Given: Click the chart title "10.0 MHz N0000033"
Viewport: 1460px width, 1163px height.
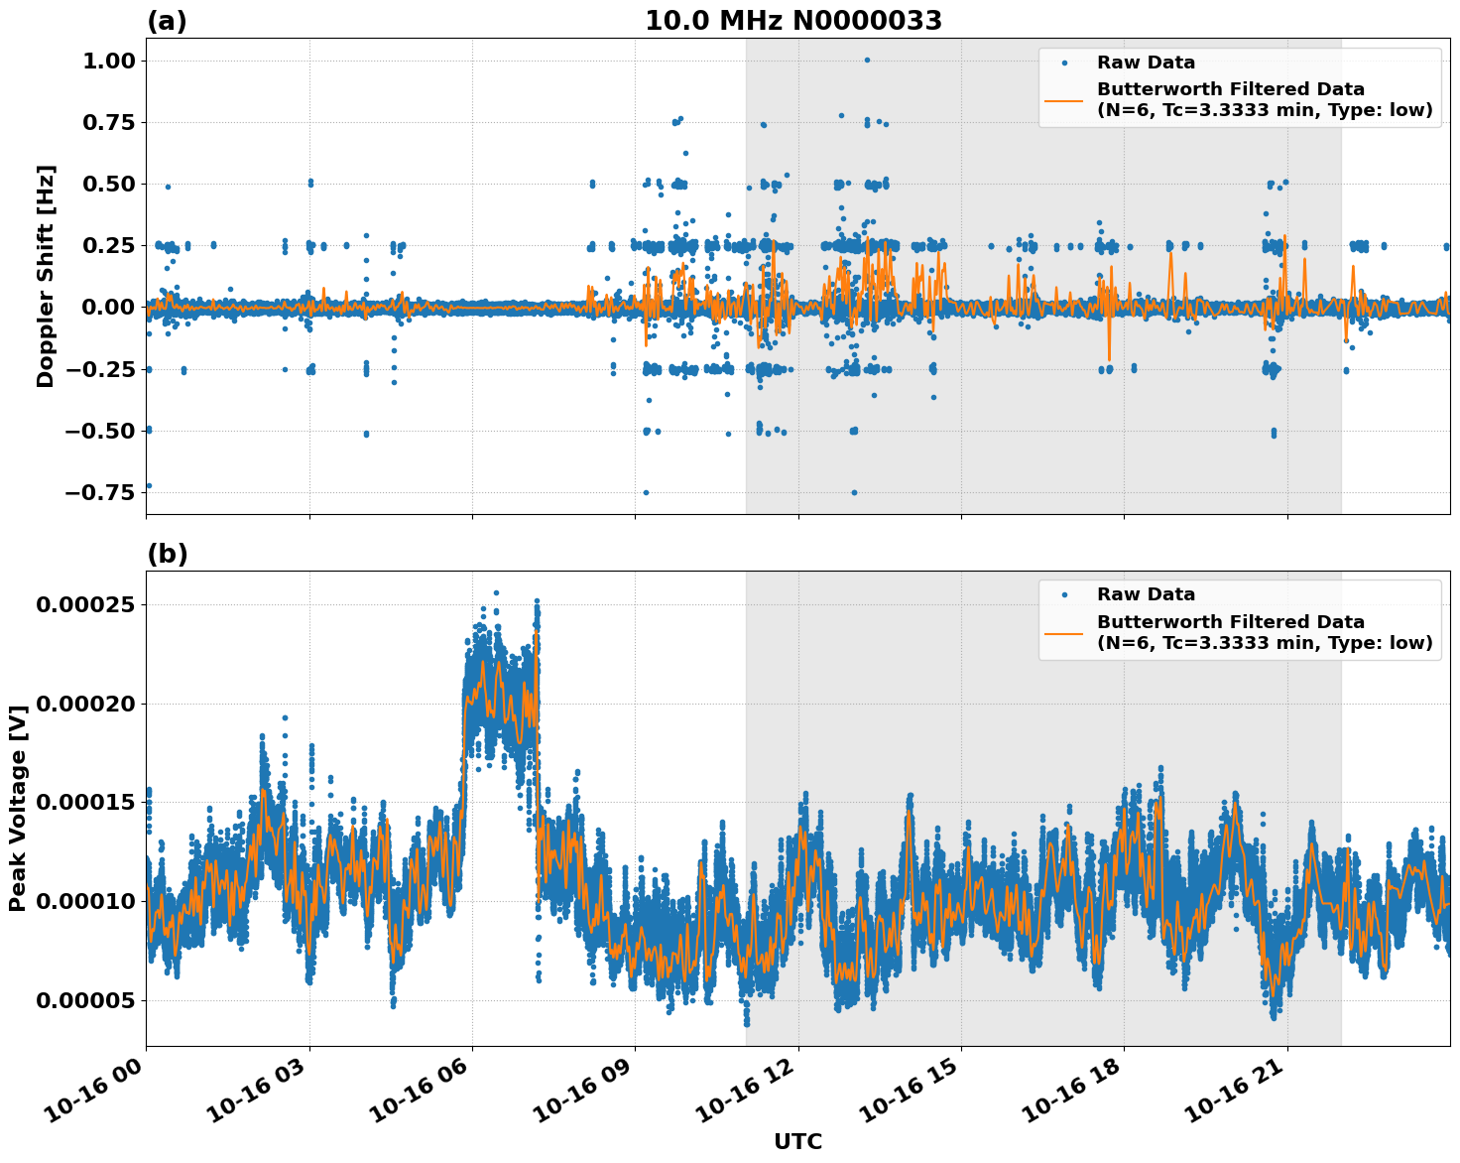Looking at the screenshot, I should [x=793, y=21].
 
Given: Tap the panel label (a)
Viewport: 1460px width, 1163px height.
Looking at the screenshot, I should [x=167, y=21].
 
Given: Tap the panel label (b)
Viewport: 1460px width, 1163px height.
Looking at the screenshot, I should [x=167, y=554].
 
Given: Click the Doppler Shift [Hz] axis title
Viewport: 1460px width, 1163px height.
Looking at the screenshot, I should [x=46, y=276].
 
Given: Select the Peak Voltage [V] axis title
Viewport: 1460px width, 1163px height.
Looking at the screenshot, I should [x=17, y=808].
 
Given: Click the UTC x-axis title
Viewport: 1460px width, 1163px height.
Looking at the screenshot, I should [x=797, y=1141].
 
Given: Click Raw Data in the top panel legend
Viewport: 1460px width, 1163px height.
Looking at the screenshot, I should [x=1146, y=63].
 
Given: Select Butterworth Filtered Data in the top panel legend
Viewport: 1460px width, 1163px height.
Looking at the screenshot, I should [x=1230, y=89].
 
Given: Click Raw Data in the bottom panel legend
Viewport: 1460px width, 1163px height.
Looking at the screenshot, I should [x=1146, y=594].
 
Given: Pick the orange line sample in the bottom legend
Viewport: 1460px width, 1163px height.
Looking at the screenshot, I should [x=1064, y=632].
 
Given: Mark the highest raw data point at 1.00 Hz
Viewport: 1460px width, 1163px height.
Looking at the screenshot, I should [x=867, y=60].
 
